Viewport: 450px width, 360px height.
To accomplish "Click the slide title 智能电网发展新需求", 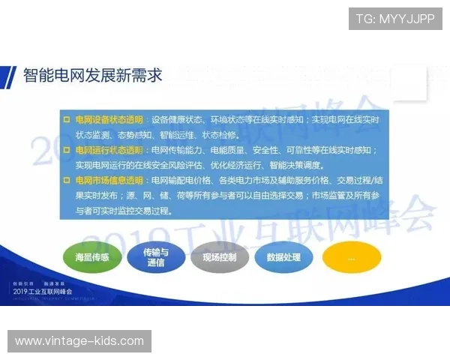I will [92, 75].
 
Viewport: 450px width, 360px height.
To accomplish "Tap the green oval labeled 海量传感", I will [92, 257].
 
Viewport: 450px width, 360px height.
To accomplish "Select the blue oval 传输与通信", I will [156, 257].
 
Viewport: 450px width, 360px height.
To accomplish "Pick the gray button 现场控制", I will [219, 257].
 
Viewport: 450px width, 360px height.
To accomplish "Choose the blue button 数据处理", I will [283, 257].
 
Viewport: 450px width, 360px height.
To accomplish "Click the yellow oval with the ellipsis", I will [351, 257].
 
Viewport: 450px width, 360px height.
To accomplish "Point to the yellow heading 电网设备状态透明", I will [109, 120].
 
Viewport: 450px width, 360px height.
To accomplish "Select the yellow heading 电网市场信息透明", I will [109, 181].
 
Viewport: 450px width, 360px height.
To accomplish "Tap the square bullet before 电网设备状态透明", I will [67, 120].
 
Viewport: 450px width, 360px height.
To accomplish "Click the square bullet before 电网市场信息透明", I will [67, 181].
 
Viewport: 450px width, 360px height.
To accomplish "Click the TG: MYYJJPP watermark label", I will [395, 18].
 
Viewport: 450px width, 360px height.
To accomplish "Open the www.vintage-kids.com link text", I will [79, 341].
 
